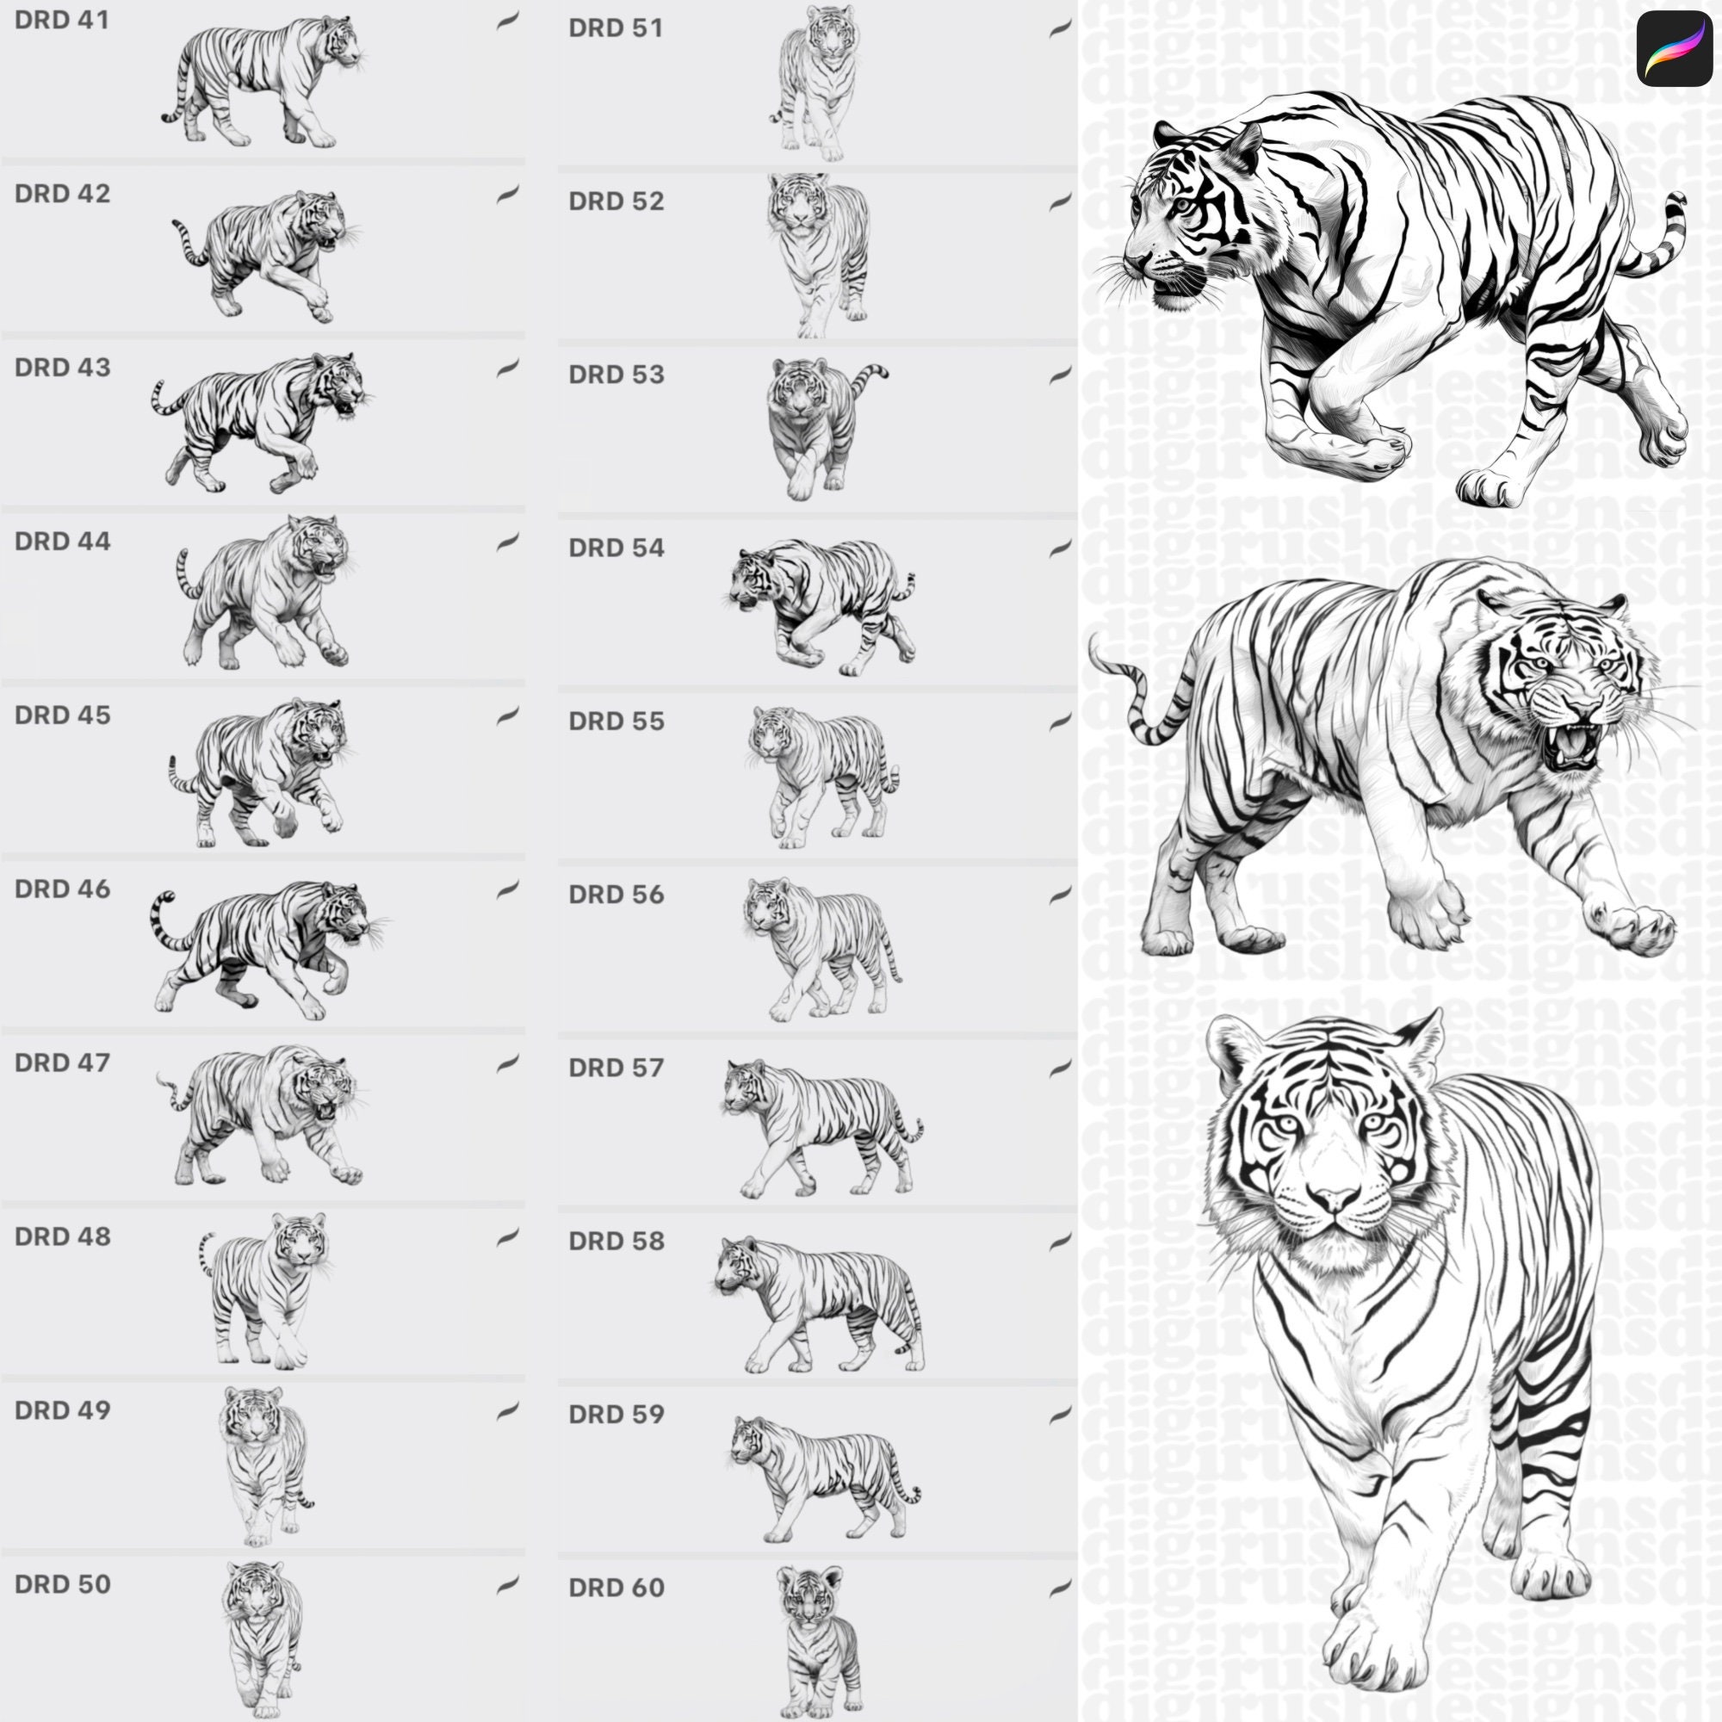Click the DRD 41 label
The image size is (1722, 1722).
pyautogui.click(x=61, y=20)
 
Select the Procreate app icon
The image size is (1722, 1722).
pyautogui.click(x=1673, y=48)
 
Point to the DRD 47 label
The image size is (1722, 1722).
pyautogui.click(x=61, y=1062)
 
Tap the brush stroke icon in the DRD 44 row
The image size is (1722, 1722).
pyautogui.click(x=507, y=541)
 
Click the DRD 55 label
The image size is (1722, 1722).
pyautogui.click(x=616, y=721)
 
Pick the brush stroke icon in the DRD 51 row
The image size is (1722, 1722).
pyautogui.click(x=1060, y=28)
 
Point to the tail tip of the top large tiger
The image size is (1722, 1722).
pyautogui.click(x=1676, y=199)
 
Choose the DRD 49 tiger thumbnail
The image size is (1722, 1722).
pyautogui.click(x=263, y=1462)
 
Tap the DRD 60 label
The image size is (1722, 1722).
pyautogui.click(x=616, y=1588)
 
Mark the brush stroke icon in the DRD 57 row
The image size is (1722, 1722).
pyautogui.click(x=1060, y=1068)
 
